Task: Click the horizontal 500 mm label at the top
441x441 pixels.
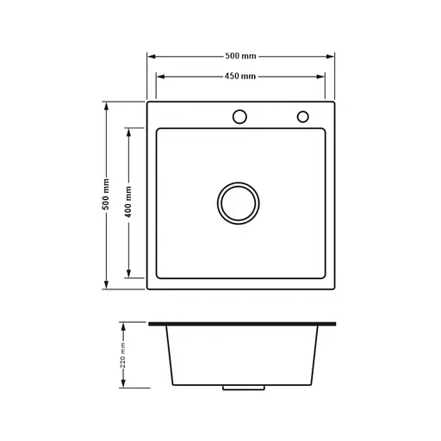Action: pyautogui.click(x=241, y=56)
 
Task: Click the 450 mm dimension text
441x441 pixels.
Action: pyautogui.click(x=240, y=76)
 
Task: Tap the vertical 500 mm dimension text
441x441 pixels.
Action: pyautogui.click(x=106, y=195)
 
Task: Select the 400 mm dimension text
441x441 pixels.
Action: pyautogui.click(x=128, y=202)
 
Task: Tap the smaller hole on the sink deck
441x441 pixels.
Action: pyautogui.click(x=302, y=116)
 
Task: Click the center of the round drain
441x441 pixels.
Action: pyautogui.click(x=237, y=202)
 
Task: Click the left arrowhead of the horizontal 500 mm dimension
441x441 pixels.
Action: pyautogui.click(x=151, y=56)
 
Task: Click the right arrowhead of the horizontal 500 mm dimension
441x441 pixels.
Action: pyautogui.click(x=332, y=56)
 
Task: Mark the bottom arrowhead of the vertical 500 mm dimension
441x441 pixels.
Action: pyautogui.click(x=106, y=285)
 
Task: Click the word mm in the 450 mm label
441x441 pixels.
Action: pyautogui.click(x=249, y=76)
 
